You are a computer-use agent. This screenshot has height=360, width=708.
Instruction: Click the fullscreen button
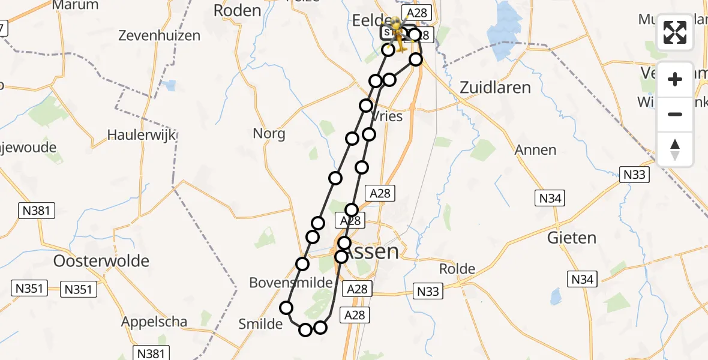pos(675,32)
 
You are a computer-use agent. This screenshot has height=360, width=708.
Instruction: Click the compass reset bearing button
pos(675,149)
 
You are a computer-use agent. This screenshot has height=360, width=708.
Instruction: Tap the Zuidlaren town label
pos(495,88)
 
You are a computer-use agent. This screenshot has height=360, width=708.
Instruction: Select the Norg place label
pos(269,133)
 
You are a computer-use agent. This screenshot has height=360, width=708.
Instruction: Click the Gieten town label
pos(572,238)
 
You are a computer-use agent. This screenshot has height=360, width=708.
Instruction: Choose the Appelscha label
pos(154,322)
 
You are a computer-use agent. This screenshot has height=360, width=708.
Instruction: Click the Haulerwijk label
pos(142,134)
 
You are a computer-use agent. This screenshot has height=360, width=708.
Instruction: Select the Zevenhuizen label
pos(159,35)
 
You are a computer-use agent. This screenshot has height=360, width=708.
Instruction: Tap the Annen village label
pos(535,150)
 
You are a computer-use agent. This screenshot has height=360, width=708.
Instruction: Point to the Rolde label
pos(457,268)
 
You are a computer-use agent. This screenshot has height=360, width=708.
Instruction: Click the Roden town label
pos(237,10)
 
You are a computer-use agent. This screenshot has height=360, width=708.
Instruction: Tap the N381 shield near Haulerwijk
pos(37,210)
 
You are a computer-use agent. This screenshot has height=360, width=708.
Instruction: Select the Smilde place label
pos(260,324)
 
